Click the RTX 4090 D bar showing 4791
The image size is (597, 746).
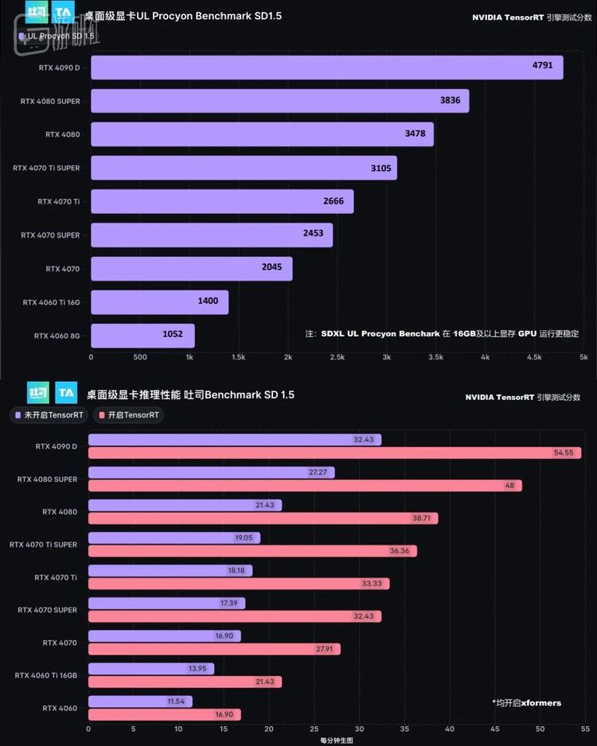[x=326, y=68]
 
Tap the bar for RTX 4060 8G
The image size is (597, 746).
[x=142, y=335]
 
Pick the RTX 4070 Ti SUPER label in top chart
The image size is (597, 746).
[x=46, y=168]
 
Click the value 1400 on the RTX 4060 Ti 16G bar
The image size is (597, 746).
[x=209, y=301]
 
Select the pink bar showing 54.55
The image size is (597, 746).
[x=334, y=453]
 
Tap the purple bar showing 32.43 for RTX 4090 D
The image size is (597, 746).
[x=235, y=440]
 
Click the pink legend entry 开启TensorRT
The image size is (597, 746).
[x=128, y=414]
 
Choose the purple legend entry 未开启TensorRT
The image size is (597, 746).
[x=49, y=414]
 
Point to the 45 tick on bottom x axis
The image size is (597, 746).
[x=495, y=729]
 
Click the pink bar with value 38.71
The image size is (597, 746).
[x=263, y=518]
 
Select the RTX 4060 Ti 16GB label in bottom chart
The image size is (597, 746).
[x=46, y=675]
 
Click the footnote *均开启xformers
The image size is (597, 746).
[x=526, y=703]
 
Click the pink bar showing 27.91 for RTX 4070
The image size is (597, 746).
[x=213, y=649]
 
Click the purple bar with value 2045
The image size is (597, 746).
[x=191, y=268]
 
